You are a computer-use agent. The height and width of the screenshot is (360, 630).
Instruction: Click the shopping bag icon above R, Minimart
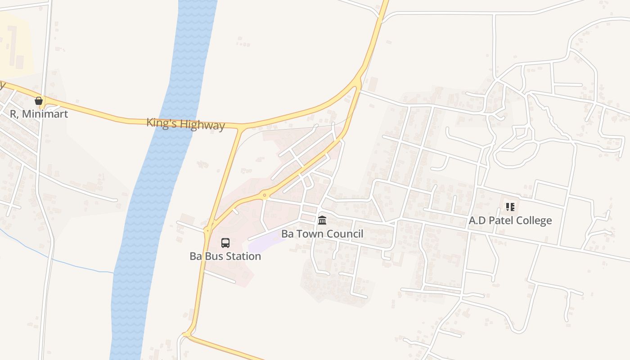point(39,100)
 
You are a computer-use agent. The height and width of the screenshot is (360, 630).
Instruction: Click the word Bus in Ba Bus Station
point(211,256)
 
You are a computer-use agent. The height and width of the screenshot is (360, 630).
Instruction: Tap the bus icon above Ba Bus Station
point(225,243)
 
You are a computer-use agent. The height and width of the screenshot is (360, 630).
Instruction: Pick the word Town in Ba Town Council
point(311,234)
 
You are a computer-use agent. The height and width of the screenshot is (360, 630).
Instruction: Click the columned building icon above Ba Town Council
point(322,220)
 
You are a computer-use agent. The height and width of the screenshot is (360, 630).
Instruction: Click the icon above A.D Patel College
point(510,207)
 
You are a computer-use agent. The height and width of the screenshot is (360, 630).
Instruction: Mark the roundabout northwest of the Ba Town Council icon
point(265,195)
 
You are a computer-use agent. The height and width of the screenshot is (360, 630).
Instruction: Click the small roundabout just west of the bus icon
point(207,230)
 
